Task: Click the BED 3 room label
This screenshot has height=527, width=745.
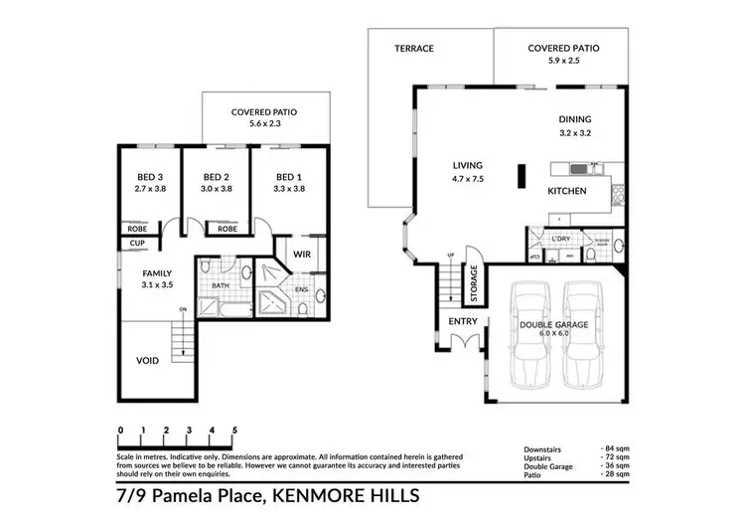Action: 151,177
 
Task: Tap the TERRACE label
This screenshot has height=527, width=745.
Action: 413,48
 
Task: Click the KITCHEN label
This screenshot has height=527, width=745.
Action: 567,191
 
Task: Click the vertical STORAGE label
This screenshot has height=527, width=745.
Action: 474,282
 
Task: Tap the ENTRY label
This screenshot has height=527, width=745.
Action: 462,321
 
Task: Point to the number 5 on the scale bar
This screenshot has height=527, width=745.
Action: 234,431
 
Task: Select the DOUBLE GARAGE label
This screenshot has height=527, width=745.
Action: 555,325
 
